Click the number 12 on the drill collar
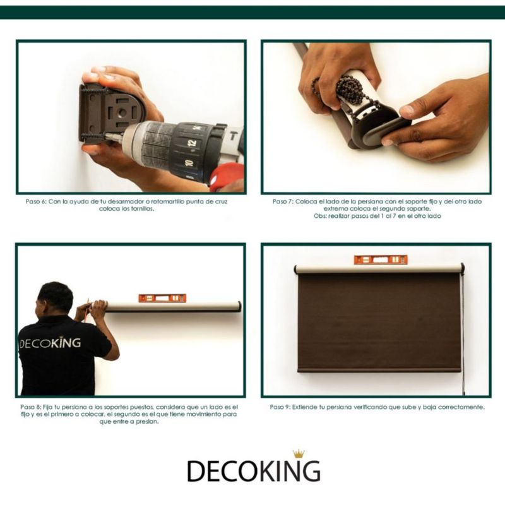pyautogui.click(x=193, y=143)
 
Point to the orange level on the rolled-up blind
pyautogui.click(x=162, y=298)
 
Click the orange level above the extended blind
pyautogui.click(x=381, y=259)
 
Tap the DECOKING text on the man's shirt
pyautogui.click(x=50, y=343)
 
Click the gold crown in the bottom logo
pyautogui.click(x=299, y=454)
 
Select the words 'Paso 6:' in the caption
pyautogui.click(x=37, y=201)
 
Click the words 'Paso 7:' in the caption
pyautogui.click(x=283, y=201)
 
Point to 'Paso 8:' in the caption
pyautogui.click(x=30, y=407)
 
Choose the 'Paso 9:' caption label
pyautogui.click(x=280, y=407)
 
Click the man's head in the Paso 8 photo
pyautogui.click(x=55, y=299)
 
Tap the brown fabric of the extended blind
pyautogui.click(x=379, y=322)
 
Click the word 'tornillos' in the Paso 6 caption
pyautogui.click(x=141, y=209)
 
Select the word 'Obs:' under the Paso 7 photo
pyautogui.click(x=320, y=216)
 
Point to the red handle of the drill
pyautogui.click(x=226, y=175)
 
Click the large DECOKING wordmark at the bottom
pyautogui.click(x=254, y=470)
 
